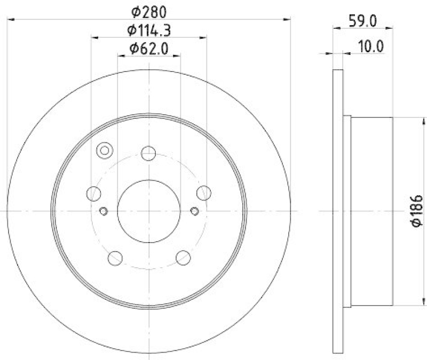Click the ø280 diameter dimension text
pyautogui.click(x=149, y=10)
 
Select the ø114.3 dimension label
pyautogui.click(x=149, y=30)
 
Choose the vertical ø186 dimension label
pyautogui.click(x=417, y=212)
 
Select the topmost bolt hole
pyautogui.click(x=148, y=154)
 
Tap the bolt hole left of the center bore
pyautogui.click(x=94, y=193)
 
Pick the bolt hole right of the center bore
pyautogui.click(x=203, y=193)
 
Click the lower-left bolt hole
pyautogui.click(x=115, y=258)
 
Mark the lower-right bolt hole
pyautogui.click(x=183, y=258)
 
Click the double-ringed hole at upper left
pyautogui.click(x=104, y=150)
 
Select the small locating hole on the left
pyautogui.click(x=104, y=211)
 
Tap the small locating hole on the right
pyautogui.click(x=195, y=211)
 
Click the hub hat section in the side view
pyautogui.click(x=371, y=212)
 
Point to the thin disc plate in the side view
pyautogui.click(x=337, y=212)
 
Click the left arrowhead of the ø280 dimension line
pyautogui.click(x=11, y=19)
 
